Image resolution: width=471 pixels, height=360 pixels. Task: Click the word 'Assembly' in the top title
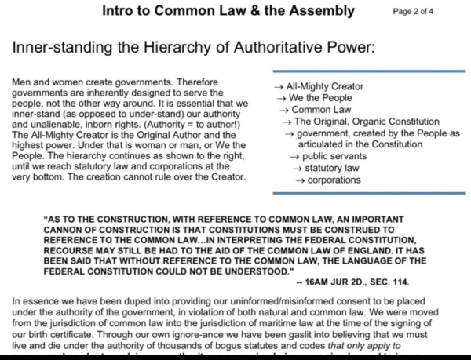(x=316, y=11)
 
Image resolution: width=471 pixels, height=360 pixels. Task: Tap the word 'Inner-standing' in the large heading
(x=64, y=48)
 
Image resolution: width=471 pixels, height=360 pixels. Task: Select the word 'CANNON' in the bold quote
(x=69, y=231)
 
